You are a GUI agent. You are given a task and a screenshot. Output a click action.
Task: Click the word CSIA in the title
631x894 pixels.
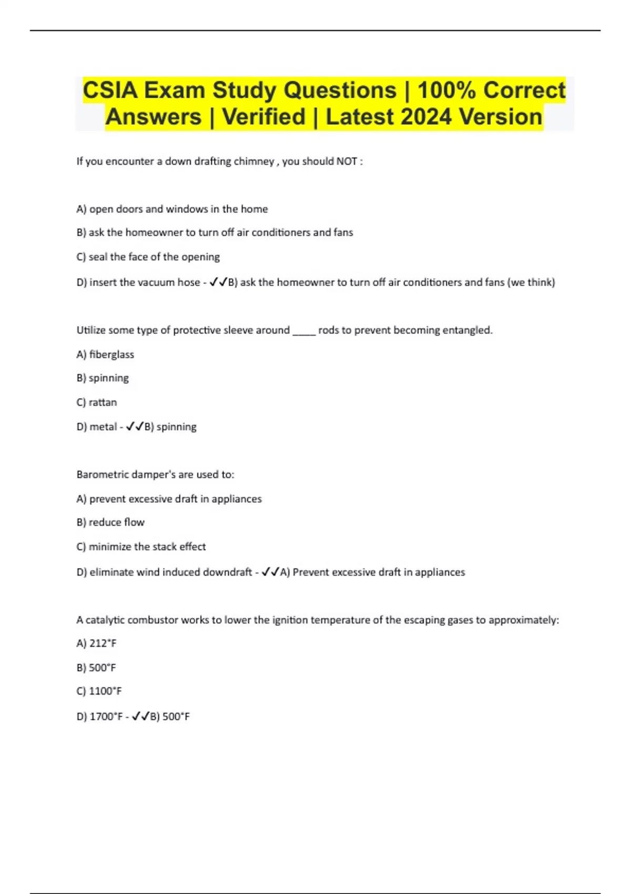click(x=110, y=90)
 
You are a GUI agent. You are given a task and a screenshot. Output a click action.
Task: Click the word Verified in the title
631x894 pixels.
click(x=263, y=117)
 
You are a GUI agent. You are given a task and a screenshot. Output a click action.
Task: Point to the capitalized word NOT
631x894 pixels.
click(x=347, y=161)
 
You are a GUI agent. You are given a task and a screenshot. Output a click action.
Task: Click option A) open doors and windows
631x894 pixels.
click(x=172, y=209)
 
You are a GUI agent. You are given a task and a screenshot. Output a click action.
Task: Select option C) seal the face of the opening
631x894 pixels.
click(x=148, y=257)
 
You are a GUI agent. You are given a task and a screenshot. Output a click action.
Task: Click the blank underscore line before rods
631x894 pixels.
click(x=303, y=331)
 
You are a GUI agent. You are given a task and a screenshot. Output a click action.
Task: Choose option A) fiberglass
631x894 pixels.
click(x=105, y=355)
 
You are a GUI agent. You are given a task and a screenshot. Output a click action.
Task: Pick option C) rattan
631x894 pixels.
click(x=97, y=402)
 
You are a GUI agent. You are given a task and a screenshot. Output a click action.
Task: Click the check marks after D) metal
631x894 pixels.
click(x=135, y=427)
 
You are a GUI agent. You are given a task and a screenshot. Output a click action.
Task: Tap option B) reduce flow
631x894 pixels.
click(x=110, y=522)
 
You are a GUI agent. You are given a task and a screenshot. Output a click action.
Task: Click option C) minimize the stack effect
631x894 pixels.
click(x=141, y=547)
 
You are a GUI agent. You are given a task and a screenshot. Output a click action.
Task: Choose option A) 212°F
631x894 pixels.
click(x=96, y=643)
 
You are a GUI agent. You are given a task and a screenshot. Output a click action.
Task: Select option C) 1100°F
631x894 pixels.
click(x=99, y=691)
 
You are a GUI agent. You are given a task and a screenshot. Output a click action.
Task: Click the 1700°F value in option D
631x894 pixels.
click(x=106, y=716)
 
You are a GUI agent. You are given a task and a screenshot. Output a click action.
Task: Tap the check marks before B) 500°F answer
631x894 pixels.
click(x=140, y=716)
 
